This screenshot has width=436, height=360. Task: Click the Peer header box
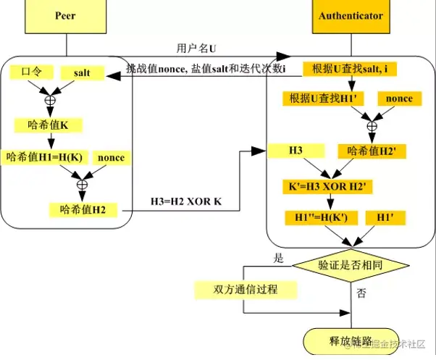[65, 15]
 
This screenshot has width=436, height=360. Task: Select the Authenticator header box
[350, 15]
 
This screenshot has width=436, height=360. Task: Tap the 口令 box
[31, 72]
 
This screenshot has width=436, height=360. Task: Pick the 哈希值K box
[50, 125]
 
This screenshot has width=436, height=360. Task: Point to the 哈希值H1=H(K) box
[45, 157]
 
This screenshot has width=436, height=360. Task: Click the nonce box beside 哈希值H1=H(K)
[111, 157]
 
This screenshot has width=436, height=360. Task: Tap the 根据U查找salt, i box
[351, 69]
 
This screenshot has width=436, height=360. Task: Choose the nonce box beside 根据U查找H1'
[398, 99]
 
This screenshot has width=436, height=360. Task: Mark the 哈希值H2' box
[372, 151]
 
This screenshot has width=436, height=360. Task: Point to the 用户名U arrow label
[196, 48]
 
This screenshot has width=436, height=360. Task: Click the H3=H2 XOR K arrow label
[185, 201]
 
